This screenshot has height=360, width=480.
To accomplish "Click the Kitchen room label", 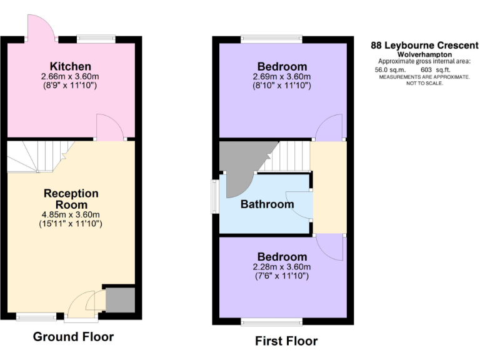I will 71,66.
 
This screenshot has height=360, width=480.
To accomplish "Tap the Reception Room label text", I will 71,199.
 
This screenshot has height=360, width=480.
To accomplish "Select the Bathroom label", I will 267,204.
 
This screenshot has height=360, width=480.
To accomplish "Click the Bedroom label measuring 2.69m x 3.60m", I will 282,67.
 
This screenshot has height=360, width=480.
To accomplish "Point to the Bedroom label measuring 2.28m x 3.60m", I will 282,257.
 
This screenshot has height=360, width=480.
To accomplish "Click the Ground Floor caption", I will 73,337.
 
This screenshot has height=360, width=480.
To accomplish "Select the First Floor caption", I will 286,341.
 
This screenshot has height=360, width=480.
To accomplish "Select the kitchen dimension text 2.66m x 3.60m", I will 71,77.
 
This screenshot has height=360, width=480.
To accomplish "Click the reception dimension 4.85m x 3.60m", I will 71,214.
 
